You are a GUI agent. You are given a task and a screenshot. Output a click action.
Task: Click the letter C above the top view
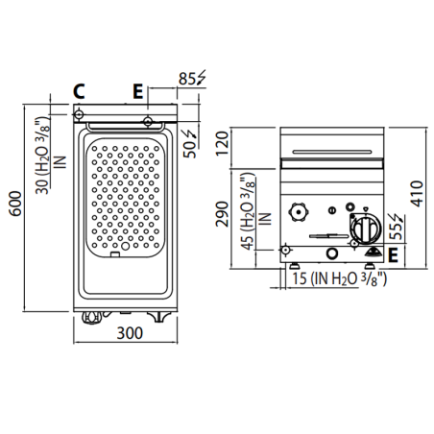[81, 92]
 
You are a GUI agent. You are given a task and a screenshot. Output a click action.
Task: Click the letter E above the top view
[139, 92]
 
